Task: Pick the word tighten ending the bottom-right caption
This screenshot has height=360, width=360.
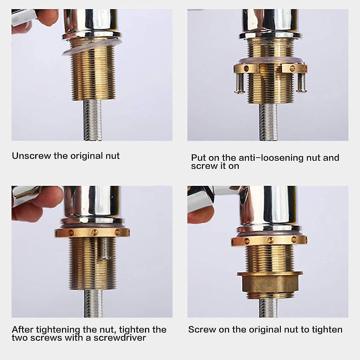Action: pyautogui.click(x=327, y=330)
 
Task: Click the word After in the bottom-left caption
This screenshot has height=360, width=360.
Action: pyautogui.click(x=23, y=330)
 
